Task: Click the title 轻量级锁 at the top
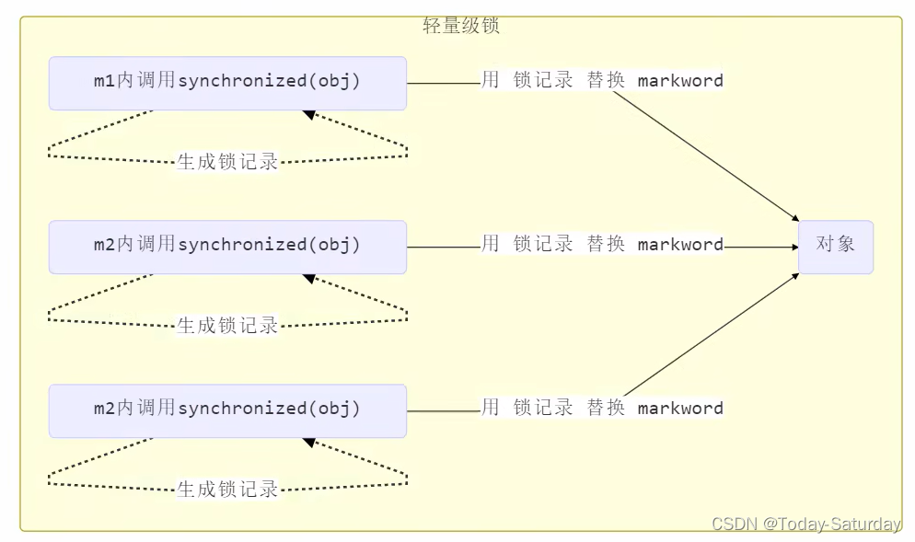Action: coord(460,26)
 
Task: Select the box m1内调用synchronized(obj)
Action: coord(227,83)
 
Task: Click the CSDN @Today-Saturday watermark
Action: coord(806,524)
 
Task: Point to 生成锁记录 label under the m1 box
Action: coord(227,162)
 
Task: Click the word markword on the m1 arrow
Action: coord(680,81)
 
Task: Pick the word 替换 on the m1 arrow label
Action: coord(606,81)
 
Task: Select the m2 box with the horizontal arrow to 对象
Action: coord(227,247)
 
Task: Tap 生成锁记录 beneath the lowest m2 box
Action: coord(227,490)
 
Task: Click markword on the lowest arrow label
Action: coord(680,409)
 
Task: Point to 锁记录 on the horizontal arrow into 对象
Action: coord(543,245)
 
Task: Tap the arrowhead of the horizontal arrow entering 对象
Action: coord(792,247)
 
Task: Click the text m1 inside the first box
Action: coord(104,82)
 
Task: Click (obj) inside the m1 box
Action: coord(334,82)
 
